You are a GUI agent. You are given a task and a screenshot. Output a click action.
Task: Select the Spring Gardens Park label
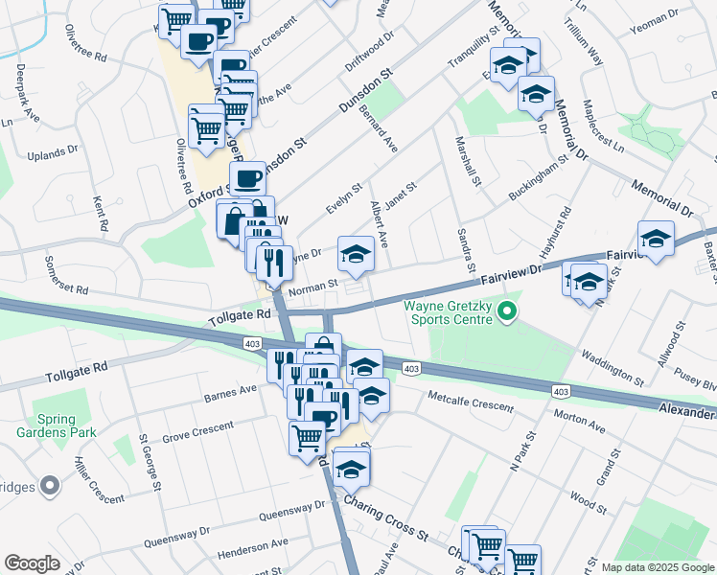tap(68, 425)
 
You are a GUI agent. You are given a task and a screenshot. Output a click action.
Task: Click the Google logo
tap(33, 563)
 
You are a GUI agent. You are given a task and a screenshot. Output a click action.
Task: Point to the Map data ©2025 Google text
tap(657, 567)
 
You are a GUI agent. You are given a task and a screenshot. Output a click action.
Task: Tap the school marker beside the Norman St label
tap(356, 255)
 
